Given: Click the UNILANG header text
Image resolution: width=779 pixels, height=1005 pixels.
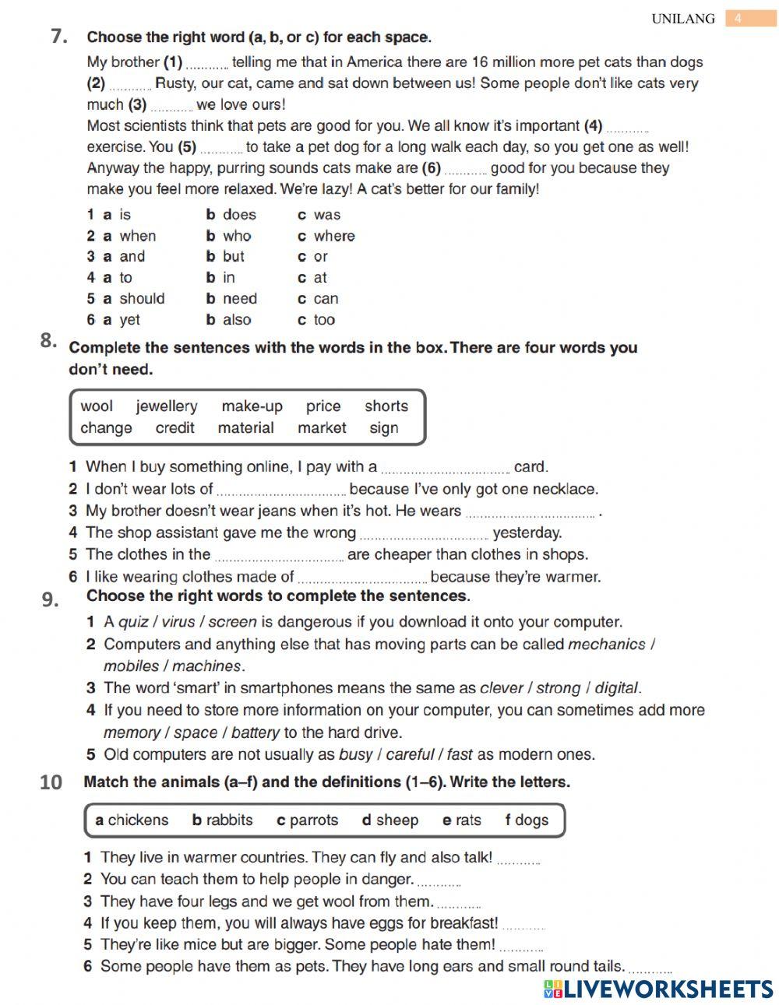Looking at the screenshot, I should coord(682,19).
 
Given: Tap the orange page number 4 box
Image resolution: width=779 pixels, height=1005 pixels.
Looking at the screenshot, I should coord(739,19).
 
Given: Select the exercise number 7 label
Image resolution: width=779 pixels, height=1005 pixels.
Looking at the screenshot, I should coord(58,36).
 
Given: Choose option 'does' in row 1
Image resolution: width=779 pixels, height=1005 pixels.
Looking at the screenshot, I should coord(238,215).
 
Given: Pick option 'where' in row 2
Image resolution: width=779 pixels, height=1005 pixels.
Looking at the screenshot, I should coord(333,236).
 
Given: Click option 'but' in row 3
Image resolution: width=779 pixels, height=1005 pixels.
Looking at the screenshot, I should coord(233,256).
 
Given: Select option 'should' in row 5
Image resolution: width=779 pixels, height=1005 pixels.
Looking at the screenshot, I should coord(142,298).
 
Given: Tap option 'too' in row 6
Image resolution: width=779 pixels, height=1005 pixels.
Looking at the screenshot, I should coord(324,319).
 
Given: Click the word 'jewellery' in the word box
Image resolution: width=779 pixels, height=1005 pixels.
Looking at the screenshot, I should coord(166,406).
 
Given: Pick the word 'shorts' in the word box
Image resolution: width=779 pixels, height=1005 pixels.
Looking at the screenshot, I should coord(386,406).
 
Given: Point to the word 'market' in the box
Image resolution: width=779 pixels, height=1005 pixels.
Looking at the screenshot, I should coord(322,427).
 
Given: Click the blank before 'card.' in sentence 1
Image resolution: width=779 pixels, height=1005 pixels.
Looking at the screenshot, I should coord(446,469).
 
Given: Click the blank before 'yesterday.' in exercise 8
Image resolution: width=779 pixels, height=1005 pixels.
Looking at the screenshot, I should coord(425,535).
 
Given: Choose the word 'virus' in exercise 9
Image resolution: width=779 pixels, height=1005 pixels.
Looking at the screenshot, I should coord(178,622).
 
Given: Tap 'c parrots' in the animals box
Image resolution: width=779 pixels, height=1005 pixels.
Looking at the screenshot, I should coord(307,820).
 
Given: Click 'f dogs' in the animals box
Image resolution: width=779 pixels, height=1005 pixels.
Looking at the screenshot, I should coord(527,820).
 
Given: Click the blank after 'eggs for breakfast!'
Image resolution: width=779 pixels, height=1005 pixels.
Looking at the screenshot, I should coord(523,926).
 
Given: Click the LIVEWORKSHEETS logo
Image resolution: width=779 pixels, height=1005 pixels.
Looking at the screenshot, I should coord(658,989).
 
